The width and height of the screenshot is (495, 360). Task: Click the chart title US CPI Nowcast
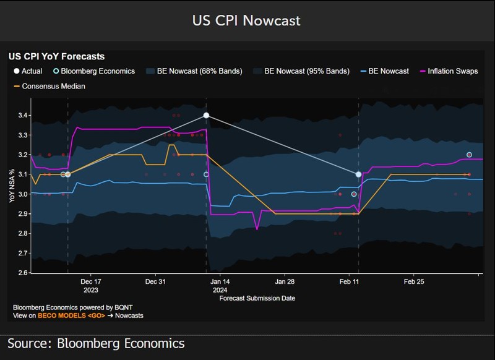247,20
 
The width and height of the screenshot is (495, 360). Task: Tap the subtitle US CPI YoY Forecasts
56,57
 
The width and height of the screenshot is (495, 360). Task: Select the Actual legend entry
28,71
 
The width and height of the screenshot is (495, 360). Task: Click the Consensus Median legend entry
53,86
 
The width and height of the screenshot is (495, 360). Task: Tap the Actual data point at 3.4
206,116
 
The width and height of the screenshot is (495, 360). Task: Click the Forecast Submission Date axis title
257,298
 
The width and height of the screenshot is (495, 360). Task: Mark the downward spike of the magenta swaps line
257,229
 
